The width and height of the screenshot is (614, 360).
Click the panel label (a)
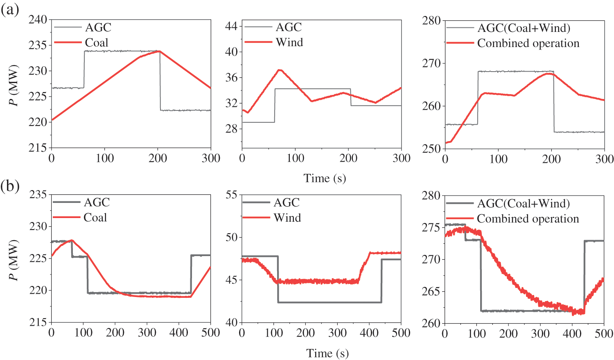tap(10, 9)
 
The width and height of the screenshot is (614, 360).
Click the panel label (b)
tap(10, 187)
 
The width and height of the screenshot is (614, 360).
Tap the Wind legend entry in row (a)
tap(289, 42)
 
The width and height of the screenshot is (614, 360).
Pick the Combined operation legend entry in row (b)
tap(528, 219)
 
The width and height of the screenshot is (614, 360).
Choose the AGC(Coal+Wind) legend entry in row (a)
tap(524, 28)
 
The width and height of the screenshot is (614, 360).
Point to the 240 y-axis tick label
tap(38, 20)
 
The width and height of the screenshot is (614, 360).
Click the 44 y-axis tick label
tap(231, 26)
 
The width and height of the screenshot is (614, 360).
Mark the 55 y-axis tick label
tap(231, 194)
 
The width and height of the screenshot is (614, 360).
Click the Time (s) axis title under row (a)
tap(325, 178)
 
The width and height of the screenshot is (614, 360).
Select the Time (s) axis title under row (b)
tap(327, 353)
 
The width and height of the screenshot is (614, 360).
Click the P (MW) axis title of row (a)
tap(15, 85)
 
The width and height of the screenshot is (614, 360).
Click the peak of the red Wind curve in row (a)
tap(280, 70)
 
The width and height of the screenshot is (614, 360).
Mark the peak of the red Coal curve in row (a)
tap(159, 51)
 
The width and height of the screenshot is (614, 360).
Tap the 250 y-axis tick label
tap(431, 148)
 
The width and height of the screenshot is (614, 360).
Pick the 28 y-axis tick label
tap(231, 128)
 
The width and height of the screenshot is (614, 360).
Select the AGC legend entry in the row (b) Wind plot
tap(287, 202)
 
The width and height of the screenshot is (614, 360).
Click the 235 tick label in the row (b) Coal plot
tap(38, 194)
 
